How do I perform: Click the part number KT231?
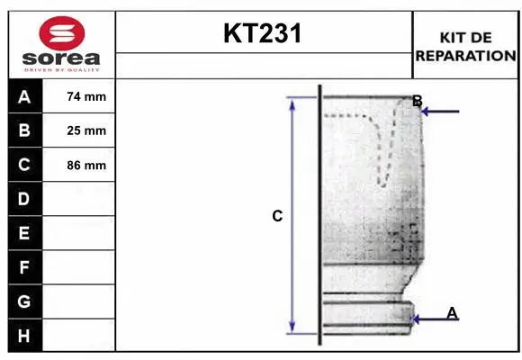(x=263, y=34)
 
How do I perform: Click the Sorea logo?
(x=62, y=44)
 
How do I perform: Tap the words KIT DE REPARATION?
(x=465, y=46)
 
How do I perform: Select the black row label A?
(x=24, y=97)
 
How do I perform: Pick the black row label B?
(x=24, y=130)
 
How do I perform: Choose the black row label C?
(x=24, y=165)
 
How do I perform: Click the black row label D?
(x=24, y=199)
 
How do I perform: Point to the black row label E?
(x=24, y=233)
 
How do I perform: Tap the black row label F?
(x=24, y=267)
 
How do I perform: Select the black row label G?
(x=24, y=301)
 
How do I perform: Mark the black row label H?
(x=24, y=336)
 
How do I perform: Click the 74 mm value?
(x=86, y=97)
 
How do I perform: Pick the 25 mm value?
(x=86, y=130)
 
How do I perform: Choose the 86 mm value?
(x=86, y=165)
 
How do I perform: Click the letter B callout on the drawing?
(x=417, y=101)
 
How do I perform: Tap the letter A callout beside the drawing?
(x=452, y=312)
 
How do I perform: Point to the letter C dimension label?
(x=277, y=216)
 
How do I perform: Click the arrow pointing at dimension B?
(x=441, y=112)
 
